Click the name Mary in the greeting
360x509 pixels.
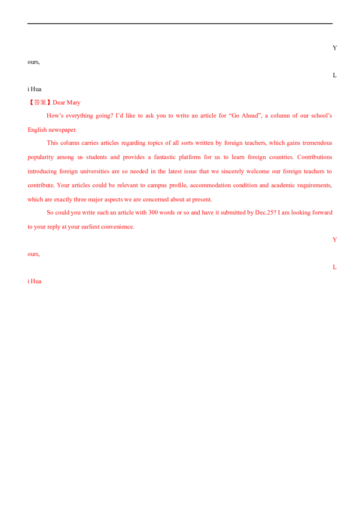pyautogui.click(x=74, y=103)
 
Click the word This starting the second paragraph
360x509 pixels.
pyautogui.click(x=53, y=143)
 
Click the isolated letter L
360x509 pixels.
pyautogui.click(x=334, y=267)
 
